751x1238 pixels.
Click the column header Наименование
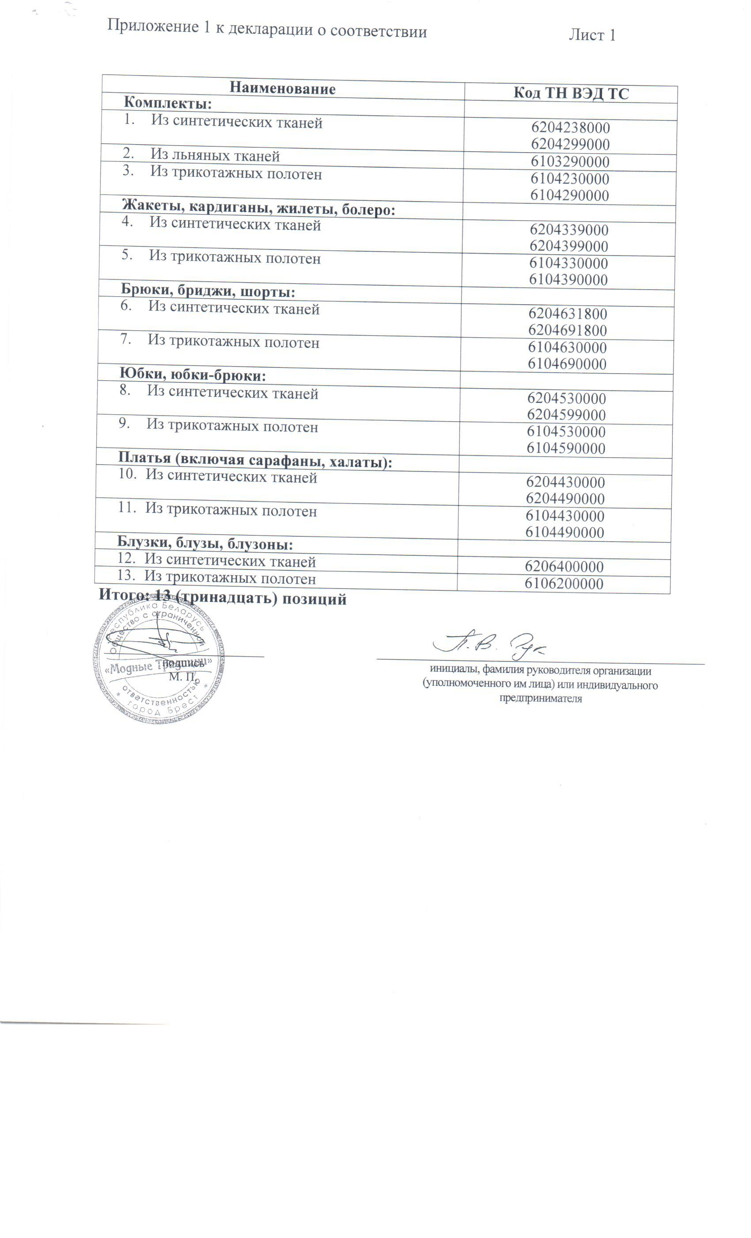pyautogui.click(x=282, y=89)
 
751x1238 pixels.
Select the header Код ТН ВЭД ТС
pyautogui.click(x=570, y=93)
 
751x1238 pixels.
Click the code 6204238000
pyautogui.click(x=570, y=128)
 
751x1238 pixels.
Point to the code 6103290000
pyautogui.click(x=570, y=162)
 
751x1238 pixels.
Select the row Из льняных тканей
pyautogui.click(x=214, y=156)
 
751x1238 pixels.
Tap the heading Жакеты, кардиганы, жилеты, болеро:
pyautogui.click(x=258, y=208)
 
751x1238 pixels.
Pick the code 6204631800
pyautogui.click(x=567, y=314)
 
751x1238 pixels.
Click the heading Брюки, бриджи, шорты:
pyautogui.click(x=208, y=291)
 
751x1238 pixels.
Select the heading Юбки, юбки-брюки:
pyautogui.click(x=192, y=375)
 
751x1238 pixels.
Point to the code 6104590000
pyautogui.click(x=566, y=448)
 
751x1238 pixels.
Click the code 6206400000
pyautogui.click(x=564, y=567)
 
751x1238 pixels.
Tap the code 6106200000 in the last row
pyautogui.click(x=564, y=584)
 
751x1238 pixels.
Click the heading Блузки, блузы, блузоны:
pyautogui.click(x=205, y=544)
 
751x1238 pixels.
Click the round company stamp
pyautogui.click(x=159, y=662)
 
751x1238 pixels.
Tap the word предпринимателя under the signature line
pyautogui.click(x=540, y=699)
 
